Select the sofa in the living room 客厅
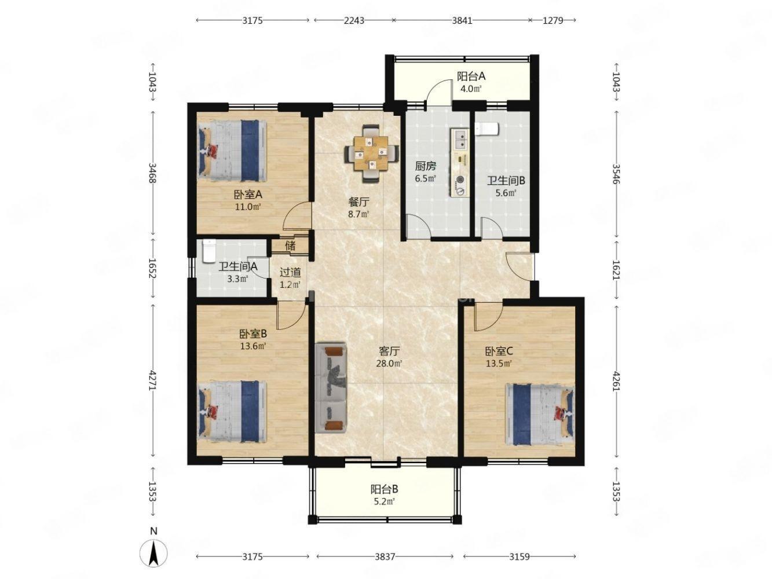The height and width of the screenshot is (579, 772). (x=331, y=387)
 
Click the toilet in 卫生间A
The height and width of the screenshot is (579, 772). (x=209, y=251)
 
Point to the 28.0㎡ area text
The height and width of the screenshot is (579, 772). (x=390, y=364)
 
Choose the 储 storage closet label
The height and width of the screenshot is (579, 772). (x=290, y=245)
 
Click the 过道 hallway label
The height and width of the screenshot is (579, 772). (x=290, y=272)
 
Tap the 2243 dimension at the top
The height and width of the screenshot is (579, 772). (x=354, y=20)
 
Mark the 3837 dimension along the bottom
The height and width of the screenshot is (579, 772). (x=385, y=556)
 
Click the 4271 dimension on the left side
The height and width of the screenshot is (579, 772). (x=153, y=380)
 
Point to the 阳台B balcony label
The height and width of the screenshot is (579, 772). (x=384, y=488)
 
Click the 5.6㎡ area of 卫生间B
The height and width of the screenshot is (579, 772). (x=502, y=193)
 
